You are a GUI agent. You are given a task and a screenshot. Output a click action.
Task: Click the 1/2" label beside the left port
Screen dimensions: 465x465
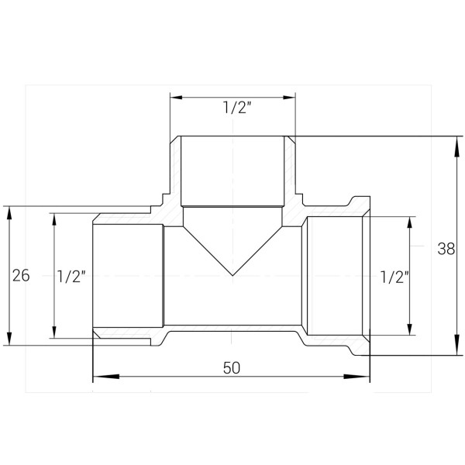tap(71, 277)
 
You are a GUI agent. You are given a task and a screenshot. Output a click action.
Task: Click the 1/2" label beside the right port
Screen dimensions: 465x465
tap(394, 277)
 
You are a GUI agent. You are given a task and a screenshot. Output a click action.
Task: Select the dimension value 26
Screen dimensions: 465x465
tap(21, 276)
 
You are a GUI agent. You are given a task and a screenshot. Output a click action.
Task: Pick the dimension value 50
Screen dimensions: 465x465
tap(231, 368)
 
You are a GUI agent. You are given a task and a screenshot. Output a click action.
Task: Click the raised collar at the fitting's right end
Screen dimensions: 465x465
tap(362, 207)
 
